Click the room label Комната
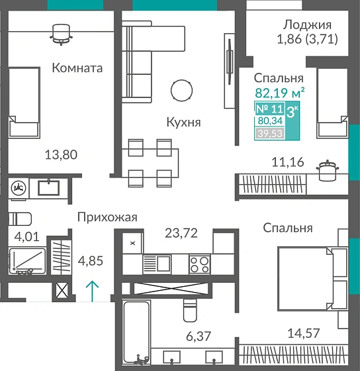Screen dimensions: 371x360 point(77,68)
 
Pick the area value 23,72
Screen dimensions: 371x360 point(181,233)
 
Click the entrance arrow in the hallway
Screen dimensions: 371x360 point(94,289)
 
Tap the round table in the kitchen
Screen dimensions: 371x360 point(181,89)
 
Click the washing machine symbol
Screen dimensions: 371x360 point(18,187)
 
